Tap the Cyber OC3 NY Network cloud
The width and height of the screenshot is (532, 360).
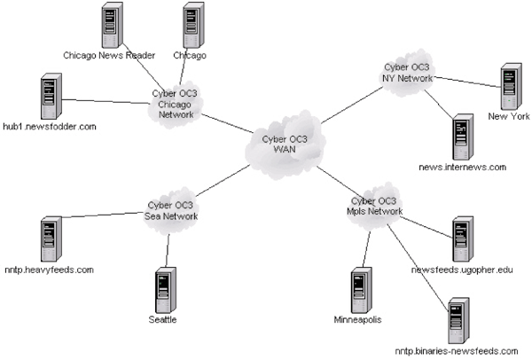[407, 72]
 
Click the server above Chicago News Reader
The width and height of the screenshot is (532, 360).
[111, 27]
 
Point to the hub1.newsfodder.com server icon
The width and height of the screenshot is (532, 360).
[51, 98]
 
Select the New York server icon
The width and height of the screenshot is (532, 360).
[508, 86]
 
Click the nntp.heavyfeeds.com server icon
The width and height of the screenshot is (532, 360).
[51, 238]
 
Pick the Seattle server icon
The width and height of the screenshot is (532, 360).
[161, 286]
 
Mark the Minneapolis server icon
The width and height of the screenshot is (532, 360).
[357, 286]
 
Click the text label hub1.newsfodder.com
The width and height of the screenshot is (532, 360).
[49, 128]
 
